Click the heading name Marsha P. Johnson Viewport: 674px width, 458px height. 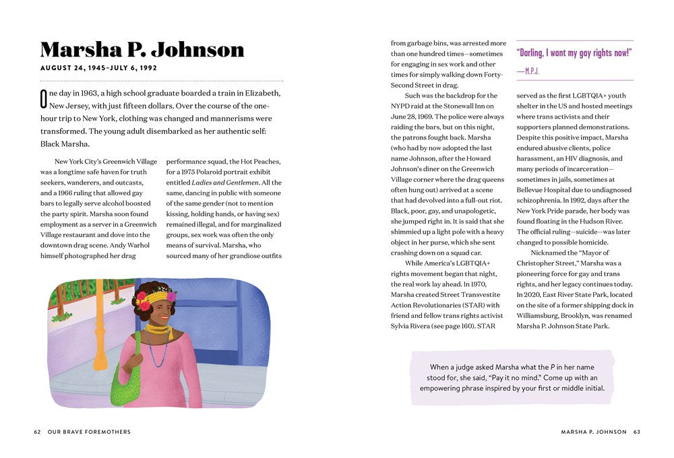point(142,50)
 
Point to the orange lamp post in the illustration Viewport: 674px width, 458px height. point(100,323)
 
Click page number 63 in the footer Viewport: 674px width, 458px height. point(636,432)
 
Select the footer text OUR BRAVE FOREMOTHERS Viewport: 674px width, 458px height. point(89,432)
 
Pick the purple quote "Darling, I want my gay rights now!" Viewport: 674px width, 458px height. point(574,53)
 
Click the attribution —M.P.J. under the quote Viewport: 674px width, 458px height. point(528,70)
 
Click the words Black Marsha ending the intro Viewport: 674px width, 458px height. point(65,143)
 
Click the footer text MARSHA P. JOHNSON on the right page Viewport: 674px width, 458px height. point(593,432)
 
